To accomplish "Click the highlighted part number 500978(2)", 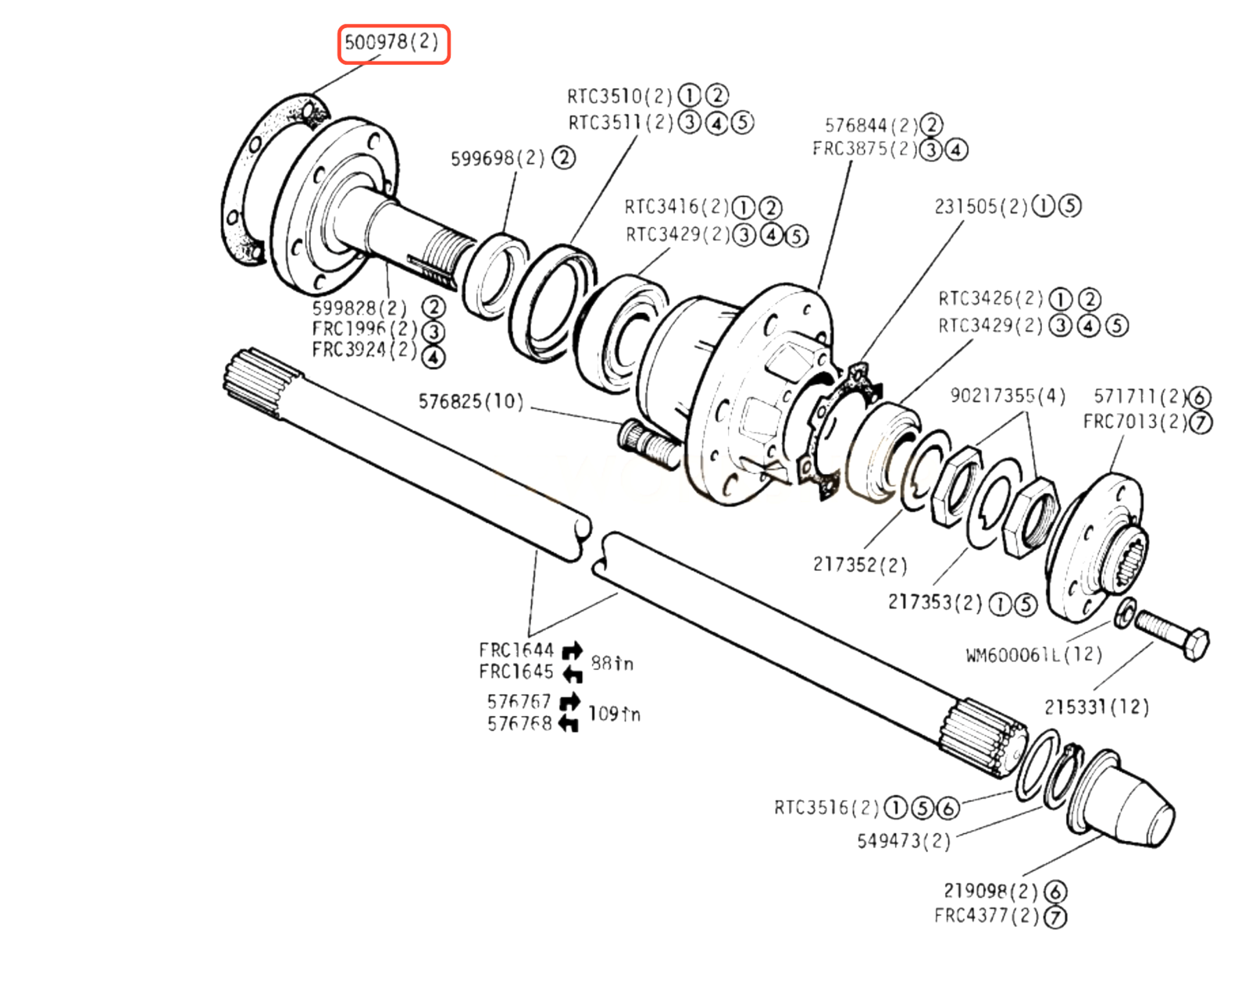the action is point(392,42).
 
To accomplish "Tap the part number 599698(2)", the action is point(498,158).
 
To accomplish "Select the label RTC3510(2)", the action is point(619,96).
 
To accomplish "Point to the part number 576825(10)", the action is point(471,401).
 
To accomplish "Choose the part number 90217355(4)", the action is point(1008,396).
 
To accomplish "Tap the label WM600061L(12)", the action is point(1034,654).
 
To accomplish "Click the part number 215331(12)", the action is point(1097,707).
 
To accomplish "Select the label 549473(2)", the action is point(905,841).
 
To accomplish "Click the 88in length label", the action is point(612,663).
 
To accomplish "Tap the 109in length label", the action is point(614,714).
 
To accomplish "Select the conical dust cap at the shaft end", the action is point(1122,800).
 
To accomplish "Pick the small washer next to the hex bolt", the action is point(1126,613).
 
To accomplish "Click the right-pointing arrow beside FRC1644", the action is point(573,650).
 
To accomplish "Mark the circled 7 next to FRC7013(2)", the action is point(1201,422).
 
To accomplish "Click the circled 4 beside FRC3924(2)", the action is point(433,357).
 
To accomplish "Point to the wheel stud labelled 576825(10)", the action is point(649,444).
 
